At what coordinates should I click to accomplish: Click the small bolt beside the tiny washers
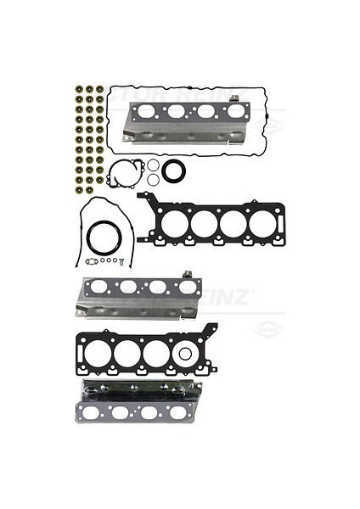[x=122, y=260]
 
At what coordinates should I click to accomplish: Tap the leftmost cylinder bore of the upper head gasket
[x=175, y=222]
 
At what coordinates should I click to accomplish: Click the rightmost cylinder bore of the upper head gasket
[x=262, y=222]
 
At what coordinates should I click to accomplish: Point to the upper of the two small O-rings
[x=153, y=166]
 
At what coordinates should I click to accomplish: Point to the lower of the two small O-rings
[x=153, y=180]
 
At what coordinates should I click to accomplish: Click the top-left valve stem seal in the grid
[x=78, y=87]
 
